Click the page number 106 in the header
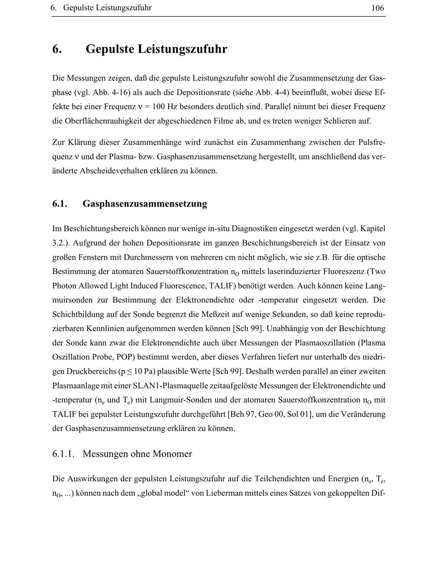[377, 8]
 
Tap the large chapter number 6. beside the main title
[57, 49]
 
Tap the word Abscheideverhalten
[113, 171]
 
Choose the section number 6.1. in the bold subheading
[60, 204]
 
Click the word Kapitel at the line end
[373, 229]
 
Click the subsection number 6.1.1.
[64, 454]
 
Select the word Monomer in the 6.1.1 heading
[172, 454]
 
